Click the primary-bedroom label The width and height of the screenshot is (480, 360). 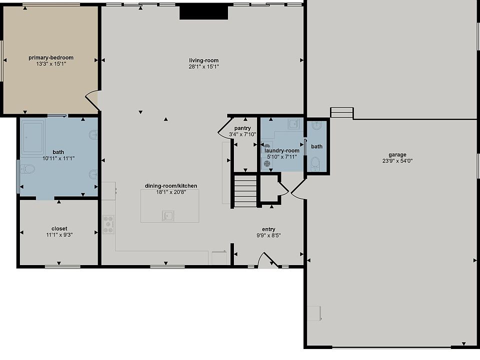pos(51,57)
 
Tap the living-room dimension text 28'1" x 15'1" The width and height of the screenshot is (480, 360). pos(204,66)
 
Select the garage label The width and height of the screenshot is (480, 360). pos(397,154)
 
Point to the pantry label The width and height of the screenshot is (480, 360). pos(242,128)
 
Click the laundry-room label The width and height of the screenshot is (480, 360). pos(282,150)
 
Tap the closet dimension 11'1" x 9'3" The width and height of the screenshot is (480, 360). pos(59,235)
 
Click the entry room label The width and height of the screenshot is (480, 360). pos(268,229)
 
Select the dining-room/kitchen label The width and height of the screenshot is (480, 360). pos(171,186)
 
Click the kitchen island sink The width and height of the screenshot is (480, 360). pos(168,216)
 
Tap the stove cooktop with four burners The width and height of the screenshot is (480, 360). pos(108,224)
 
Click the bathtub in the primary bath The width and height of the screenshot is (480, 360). pos(32,136)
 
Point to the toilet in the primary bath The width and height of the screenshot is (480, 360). pos(27,169)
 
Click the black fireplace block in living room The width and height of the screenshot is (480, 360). pos(203,13)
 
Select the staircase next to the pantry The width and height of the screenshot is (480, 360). pos(245,191)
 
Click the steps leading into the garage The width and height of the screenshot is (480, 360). pos(342,112)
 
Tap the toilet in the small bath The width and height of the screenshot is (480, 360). pos(315,163)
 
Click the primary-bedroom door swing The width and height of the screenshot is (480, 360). pos(92,100)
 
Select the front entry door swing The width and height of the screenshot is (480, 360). pos(267,260)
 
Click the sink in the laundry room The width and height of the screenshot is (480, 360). pos(293,124)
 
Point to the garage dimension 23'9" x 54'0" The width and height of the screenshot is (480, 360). pos(397,160)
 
